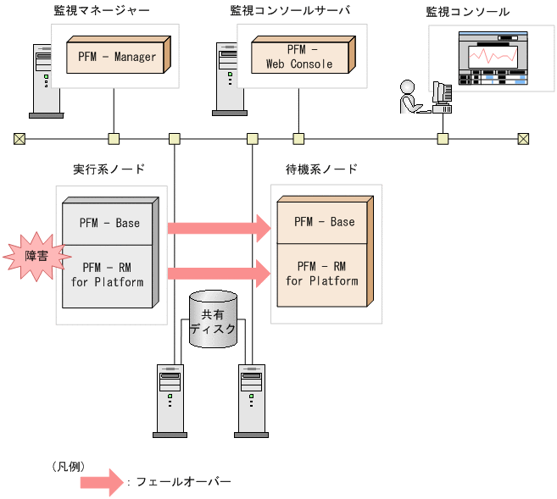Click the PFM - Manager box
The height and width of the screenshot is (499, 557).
(118, 57)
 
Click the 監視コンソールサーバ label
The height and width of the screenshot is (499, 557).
(290, 11)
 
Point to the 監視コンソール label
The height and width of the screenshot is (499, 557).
(469, 11)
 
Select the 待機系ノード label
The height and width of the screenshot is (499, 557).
(320, 169)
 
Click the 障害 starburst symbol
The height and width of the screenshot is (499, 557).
(31, 257)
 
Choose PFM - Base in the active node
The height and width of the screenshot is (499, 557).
(109, 223)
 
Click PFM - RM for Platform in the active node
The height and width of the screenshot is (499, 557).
(109, 275)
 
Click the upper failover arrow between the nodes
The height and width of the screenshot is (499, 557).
(218, 227)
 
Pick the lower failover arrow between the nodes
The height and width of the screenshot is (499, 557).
(218, 273)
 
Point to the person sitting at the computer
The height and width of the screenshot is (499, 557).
(409, 97)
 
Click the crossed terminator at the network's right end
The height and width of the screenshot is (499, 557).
(523, 138)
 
